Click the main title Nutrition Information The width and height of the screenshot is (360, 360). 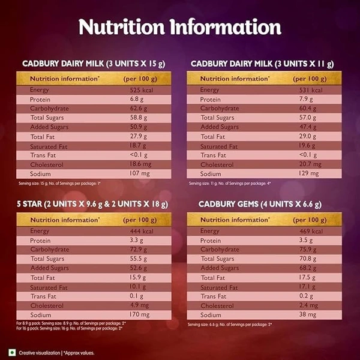pos(180,27)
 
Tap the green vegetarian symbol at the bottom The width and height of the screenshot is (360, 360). pos(10,352)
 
